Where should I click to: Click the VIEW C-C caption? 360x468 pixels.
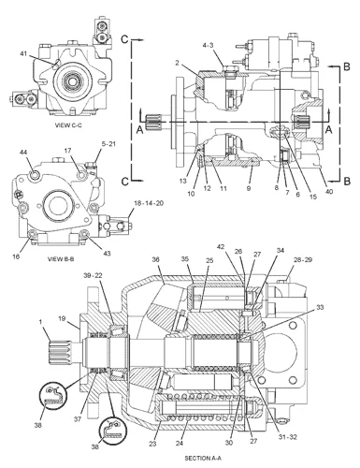(68, 125)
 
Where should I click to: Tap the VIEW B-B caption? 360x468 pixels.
(61, 259)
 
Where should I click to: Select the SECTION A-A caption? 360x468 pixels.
(203, 459)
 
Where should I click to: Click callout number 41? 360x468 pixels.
(23, 54)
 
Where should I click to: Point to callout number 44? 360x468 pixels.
(23, 152)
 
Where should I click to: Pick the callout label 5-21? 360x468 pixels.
(108, 144)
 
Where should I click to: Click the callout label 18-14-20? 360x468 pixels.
(149, 203)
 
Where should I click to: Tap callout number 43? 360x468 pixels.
(107, 254)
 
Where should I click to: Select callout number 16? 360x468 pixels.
(16, 256)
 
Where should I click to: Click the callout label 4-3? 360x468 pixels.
(208, 46)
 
